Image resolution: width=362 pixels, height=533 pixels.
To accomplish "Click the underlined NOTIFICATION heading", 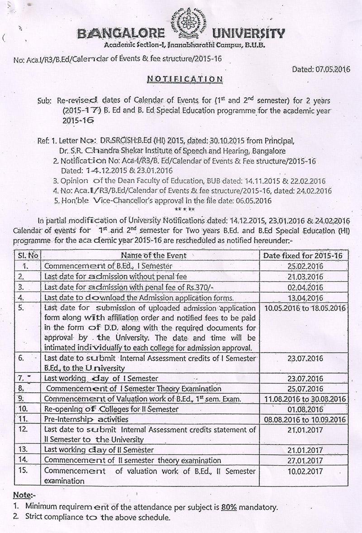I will pos(185,79).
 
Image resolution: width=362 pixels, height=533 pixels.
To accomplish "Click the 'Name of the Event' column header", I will pos(153,255).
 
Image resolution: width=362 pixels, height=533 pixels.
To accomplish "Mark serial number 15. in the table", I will pos(24,471).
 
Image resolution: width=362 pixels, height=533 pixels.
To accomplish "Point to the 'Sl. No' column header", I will pos(28,255).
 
